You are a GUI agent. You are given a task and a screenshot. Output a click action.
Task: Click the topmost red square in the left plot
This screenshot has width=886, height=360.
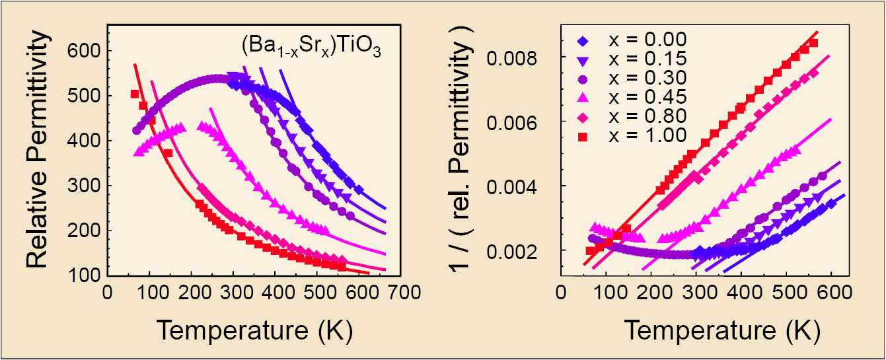[135, 94]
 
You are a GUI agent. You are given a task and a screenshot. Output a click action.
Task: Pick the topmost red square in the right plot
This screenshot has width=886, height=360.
[813, 43]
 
